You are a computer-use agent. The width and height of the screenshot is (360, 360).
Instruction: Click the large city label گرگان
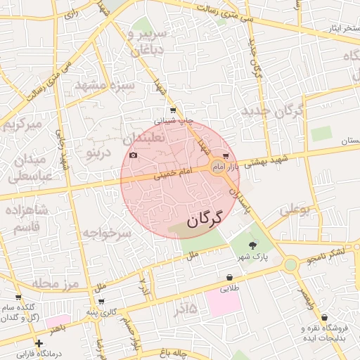tap(204, 219)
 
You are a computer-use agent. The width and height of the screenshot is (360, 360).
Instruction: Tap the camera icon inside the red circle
tap(133, 155)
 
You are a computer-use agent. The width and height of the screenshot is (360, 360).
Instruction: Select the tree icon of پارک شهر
tap(252, 245)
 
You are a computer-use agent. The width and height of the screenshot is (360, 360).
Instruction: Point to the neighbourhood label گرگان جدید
tap(271, 111)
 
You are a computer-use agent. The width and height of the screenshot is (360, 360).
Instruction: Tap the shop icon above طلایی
tap(230, 278)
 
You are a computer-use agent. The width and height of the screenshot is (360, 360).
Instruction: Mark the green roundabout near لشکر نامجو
tap(290, 264)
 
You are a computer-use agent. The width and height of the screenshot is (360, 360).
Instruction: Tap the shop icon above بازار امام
tap(225, 156)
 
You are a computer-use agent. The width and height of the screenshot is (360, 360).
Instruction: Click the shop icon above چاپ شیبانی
tap(173, 110)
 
